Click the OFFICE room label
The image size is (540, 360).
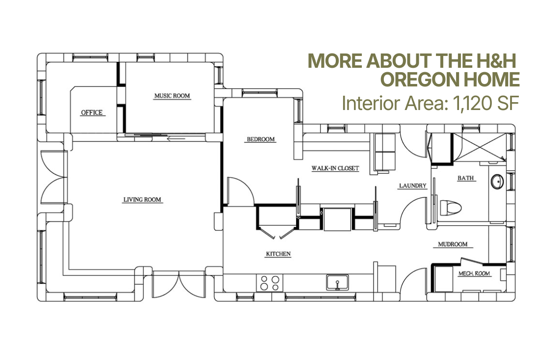[92, 112]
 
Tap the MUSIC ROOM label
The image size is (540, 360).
[172, 96]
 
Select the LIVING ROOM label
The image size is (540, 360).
[142, 199]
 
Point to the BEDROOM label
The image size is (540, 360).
[261, 139]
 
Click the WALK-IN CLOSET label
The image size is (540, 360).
[335, 168]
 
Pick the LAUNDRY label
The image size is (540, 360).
[412, 186]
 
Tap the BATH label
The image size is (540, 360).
[465, 178]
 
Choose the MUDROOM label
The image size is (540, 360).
[453, 244]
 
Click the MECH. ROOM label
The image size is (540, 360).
[474, 274]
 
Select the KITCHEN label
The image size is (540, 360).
[278, 254]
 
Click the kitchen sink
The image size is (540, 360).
[338, 282]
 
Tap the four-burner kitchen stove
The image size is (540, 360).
[270, 283]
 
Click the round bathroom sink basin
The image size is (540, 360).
[497, 182]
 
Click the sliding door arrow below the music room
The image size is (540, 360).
[176, 139]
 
